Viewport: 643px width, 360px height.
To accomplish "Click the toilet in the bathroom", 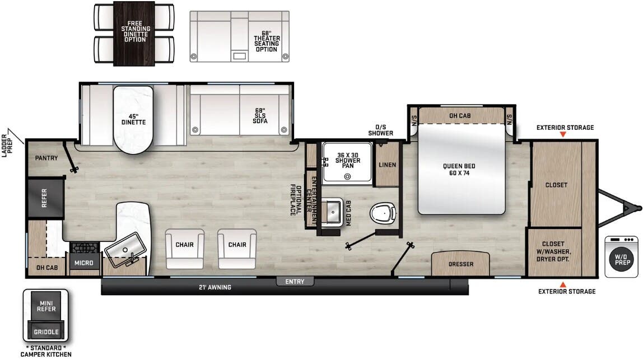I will [x=383, y=213].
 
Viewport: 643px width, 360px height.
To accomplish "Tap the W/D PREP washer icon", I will [x=621, y=257].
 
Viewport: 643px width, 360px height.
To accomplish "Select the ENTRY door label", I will [x=295, y=282].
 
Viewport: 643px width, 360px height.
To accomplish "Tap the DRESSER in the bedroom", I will [x=460, y=264].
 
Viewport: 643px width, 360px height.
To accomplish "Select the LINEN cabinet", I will [x=387, y=165].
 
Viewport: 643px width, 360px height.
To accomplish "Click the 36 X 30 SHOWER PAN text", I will [x=347, y=157].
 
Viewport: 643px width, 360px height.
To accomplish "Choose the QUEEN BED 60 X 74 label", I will [x=459, y=170].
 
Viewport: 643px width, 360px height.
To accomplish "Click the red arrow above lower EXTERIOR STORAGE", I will [x=563, y=284].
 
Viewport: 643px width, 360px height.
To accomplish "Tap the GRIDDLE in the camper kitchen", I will [x=46, y=332].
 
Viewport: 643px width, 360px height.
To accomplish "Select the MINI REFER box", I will [x=45, y=306].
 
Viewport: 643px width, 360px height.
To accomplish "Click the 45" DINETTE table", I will [x=133, y=119].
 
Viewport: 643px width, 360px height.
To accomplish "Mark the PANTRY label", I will [x=46, y=158].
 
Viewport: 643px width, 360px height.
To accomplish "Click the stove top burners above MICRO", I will [x=84, y=247].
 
